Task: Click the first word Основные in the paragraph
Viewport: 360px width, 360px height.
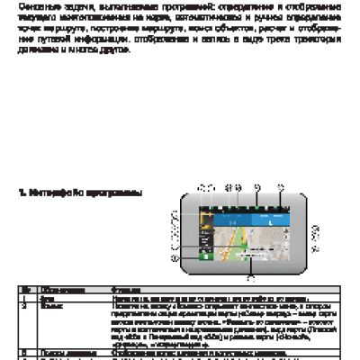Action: (35, 4)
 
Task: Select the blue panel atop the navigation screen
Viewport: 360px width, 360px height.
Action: (244, 217)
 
